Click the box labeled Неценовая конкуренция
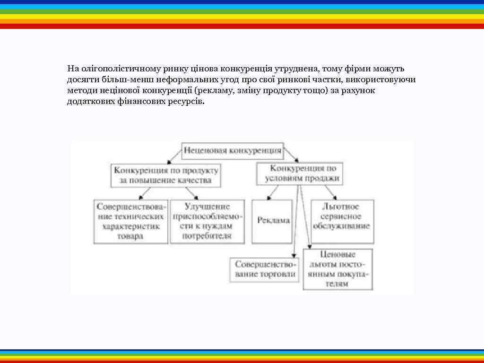tap(233, 151)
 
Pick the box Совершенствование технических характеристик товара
tap(130, 221)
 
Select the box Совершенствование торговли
tap(265, 269)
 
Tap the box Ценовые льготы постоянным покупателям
tap(337, 269)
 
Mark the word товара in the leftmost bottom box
tap(130, 236)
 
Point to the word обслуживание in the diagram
tap(341, 226)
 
